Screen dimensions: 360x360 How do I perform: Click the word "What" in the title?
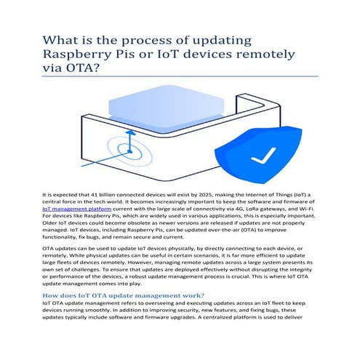pyautogui.click(x=60, y=39)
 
